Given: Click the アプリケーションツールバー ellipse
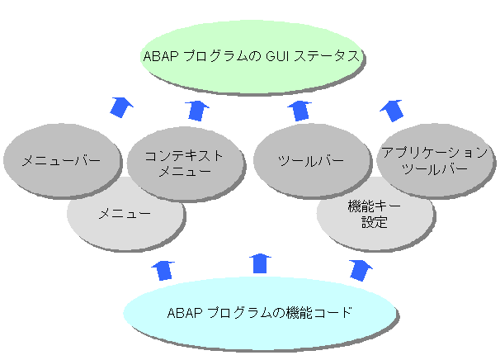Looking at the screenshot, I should [434, 159].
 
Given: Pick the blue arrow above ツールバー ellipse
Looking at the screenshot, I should [302, 109].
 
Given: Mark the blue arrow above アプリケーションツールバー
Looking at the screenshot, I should [391, 107].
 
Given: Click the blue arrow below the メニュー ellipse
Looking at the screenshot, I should [163, 268].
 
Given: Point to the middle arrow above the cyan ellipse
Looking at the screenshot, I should [261, 263].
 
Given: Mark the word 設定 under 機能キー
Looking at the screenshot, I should [374, 222].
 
